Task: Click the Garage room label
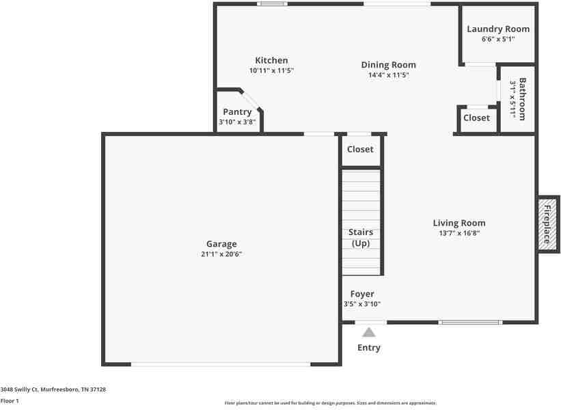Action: pyautogui.click(x=221, y=244)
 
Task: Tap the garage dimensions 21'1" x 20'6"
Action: pyautogui.click(x=221, y=254)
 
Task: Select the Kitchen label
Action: pyautogui.click(x=271, y=60)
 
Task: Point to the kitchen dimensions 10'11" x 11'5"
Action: pyautogui.click(x=271, y=70)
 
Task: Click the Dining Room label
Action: pyautogui.click(x=388, y=65)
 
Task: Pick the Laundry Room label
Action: pyautogui.click(x=497, y=29)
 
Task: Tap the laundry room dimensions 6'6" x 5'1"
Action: pyautogui.click(x=497, y=39)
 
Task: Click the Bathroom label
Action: pyautogui.click(x=522, y=99)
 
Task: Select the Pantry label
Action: pyautogui.click(x=237, y=112)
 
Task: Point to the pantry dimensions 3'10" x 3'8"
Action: pyautogui.click(x=237, y=122)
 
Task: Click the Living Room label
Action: pyautogui.click(x=459, y=223)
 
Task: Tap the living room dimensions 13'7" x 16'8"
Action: pyautogui.click(x=459, y=233)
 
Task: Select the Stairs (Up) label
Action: pyautogui.click(x=361, y=238)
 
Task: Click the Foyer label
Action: pyautogui.click(x=362, y=294)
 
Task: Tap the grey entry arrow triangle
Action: pyautogui.click(x=369, y=333)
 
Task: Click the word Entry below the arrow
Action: pyautogui.click(x=369, y=348)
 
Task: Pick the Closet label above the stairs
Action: pyautogui.click(x=360, y=149)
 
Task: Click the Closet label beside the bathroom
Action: pyautogui.click(x=476, y=118)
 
